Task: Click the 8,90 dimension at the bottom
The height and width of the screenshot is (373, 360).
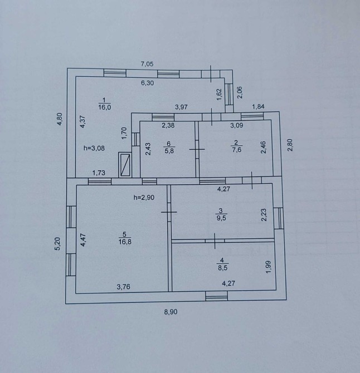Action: (x=171, y=312)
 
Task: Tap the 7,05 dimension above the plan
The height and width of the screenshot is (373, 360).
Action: (x=147, y=64)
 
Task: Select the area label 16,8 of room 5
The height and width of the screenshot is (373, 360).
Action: (x=125, y=242)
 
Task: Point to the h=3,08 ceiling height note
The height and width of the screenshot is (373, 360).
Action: (x=94, y=148)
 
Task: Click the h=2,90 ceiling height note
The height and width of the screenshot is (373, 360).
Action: (x=144, y=198)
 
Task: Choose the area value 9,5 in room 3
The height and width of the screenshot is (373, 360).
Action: (x=221, y=218)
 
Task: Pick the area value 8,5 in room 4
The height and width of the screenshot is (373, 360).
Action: (x=222, y=268)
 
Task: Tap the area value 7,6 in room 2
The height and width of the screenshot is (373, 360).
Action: (x=237, y=150)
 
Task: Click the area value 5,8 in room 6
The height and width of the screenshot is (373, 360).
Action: (x=169, y=151)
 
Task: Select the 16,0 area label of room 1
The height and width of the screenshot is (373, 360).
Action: (x=105, y=107)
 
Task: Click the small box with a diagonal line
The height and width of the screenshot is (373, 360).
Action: (x=125, y=165)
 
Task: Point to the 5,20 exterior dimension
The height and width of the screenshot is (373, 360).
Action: (x=57, y=244)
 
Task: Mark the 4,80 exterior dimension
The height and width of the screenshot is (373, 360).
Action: (x=60, y=119)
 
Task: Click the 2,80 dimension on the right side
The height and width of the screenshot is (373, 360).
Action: (x=290, y=145)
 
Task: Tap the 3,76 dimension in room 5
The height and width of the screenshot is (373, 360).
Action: (x=123, y=287)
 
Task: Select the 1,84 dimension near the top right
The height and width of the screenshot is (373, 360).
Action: (x=259, y=106)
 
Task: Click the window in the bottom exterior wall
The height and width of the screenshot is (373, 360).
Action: (x=216, y=296)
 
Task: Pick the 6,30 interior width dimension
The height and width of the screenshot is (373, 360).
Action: (x=147, y=83)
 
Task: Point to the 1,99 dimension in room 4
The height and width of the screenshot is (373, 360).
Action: (x=269, y=267)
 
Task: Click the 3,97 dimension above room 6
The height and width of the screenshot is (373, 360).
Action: (x=182, y=107)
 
